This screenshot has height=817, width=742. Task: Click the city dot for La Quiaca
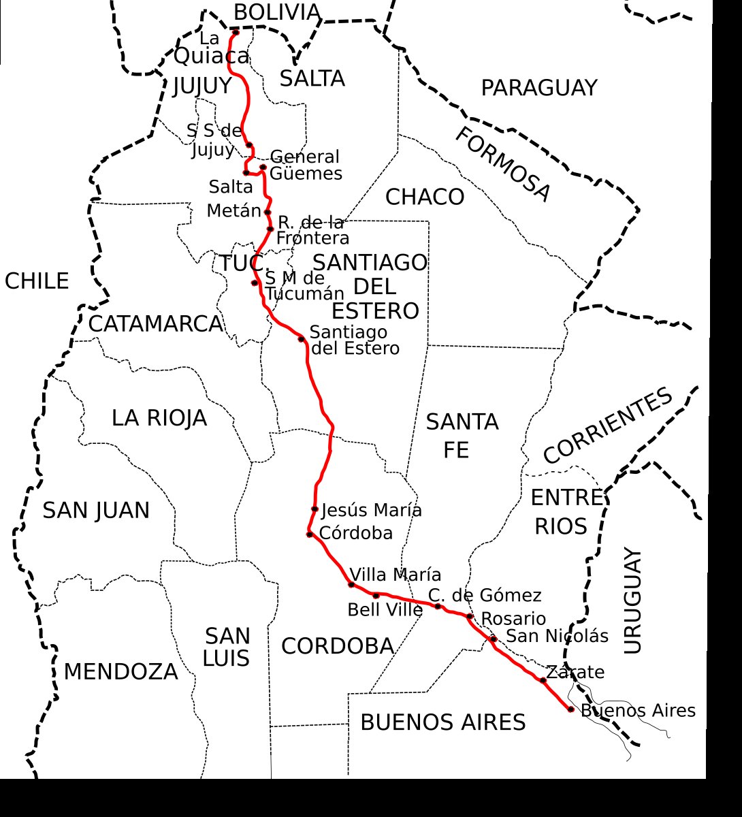(236, 33)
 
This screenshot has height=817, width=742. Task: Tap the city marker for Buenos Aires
(570, 709)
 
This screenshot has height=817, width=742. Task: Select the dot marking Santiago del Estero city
(301, 338)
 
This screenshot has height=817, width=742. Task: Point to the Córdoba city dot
(310, 534)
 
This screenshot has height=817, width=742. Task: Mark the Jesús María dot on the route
(314, 509)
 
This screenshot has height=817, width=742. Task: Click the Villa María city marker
(351, 584)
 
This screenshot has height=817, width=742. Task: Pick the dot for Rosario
(470, 617)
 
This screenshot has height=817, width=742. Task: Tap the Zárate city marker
(543, 680)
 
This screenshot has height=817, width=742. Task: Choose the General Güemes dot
(263, 167)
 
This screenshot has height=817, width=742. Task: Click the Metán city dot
(268, 212)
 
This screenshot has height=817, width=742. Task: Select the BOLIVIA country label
(276, 12)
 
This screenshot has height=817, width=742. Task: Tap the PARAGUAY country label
(538, 89)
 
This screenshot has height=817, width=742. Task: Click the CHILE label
(37, 281)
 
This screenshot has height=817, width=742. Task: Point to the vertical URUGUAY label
(632, 600)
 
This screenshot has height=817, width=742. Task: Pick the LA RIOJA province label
(159, 418)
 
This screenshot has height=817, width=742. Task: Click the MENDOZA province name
(120, 672)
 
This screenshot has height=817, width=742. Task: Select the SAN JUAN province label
(96, 511)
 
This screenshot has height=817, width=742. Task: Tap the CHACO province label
(425, 197)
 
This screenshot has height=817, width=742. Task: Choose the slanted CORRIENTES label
(608, 426)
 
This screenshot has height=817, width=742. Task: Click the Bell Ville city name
(385, 610)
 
